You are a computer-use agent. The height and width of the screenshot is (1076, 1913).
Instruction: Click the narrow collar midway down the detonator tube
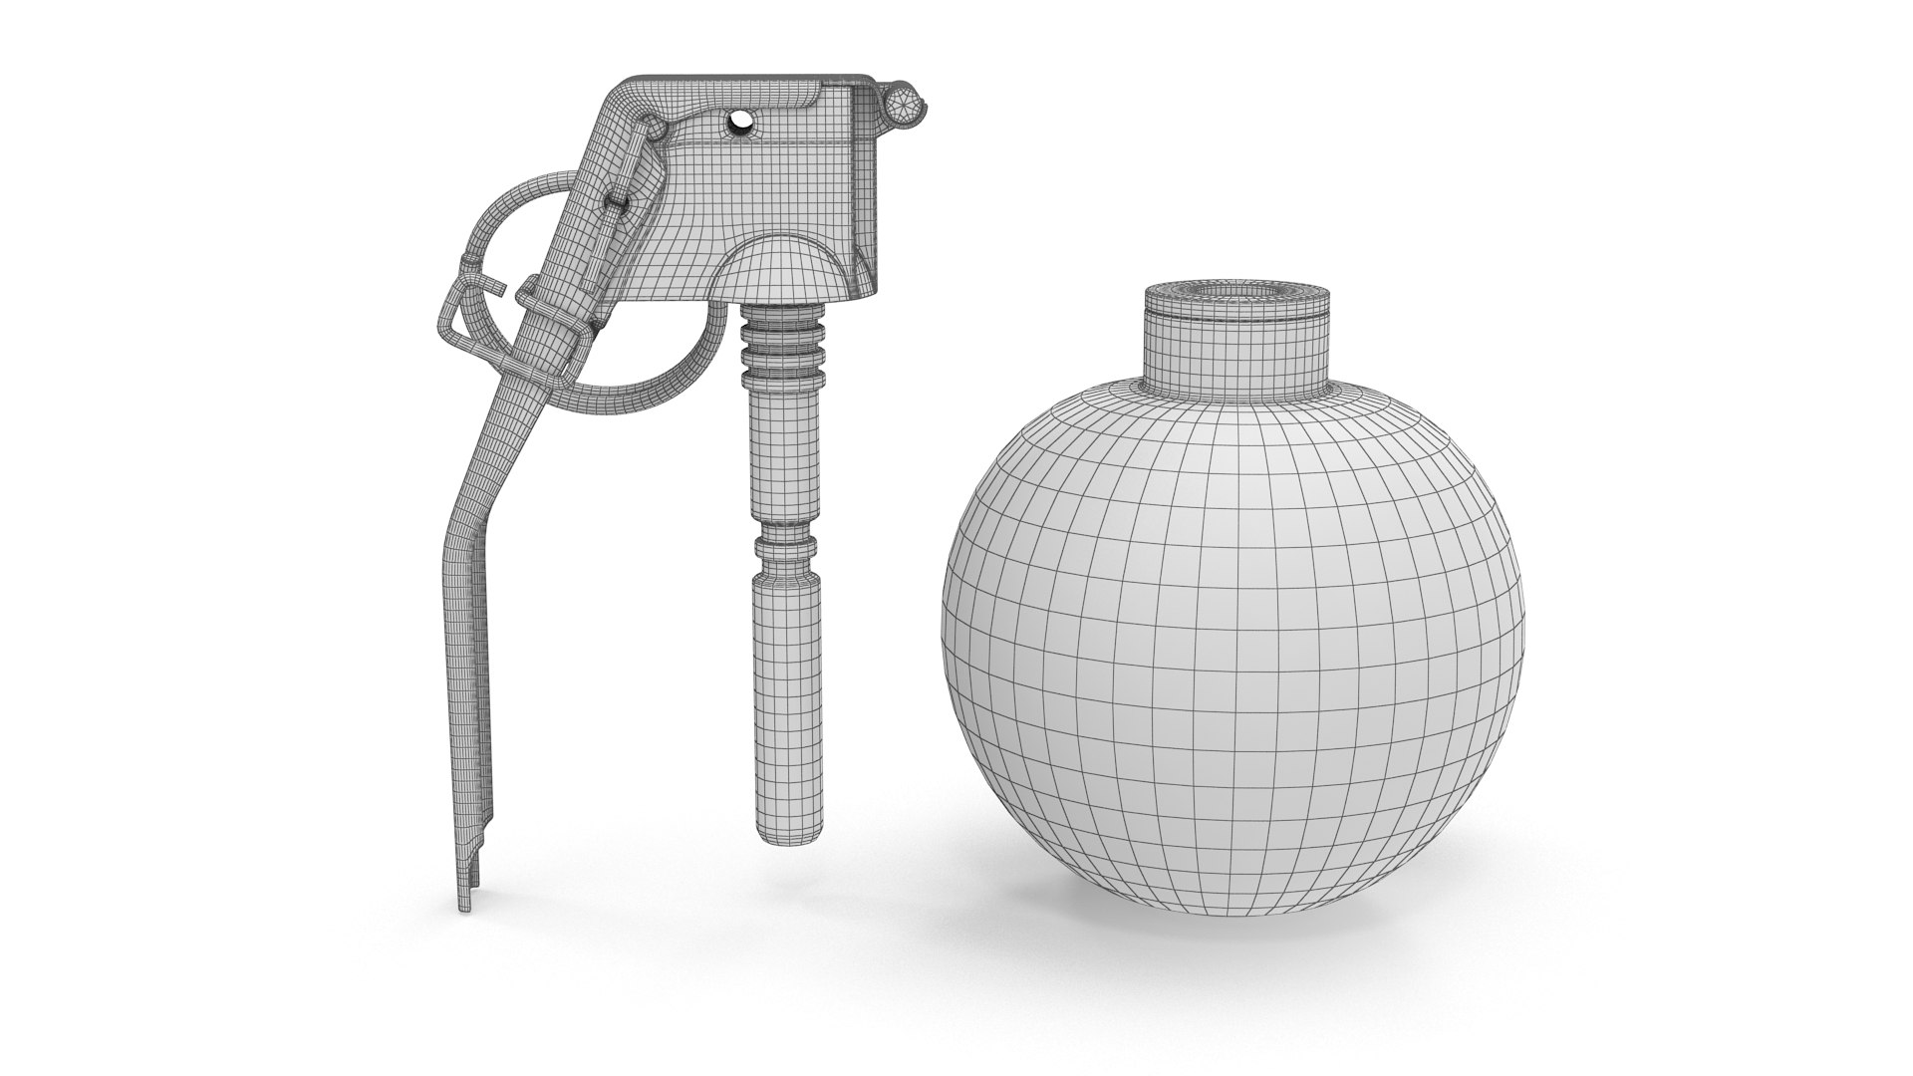pyautogui.click(x=785, y=546)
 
